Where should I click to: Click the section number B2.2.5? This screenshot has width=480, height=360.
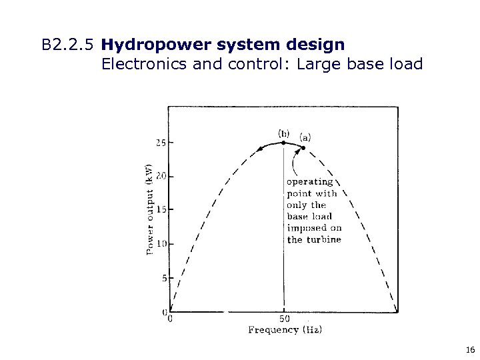pos(67,46)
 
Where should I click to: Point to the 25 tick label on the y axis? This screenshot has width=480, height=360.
pos(161,143)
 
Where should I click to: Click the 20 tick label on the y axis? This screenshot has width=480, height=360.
pos(161,177)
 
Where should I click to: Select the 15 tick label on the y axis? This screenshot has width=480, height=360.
pos(161,210)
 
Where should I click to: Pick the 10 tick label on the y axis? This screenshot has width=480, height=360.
pos(161,244)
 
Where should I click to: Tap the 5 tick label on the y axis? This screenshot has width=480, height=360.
pos(163,278)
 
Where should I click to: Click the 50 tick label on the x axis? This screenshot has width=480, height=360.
pos(284,318)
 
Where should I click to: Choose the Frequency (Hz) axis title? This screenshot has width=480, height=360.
pos(285,329)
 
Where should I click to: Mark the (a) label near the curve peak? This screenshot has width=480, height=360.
pos(304,137)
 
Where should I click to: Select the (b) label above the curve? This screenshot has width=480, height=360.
pos(283,132)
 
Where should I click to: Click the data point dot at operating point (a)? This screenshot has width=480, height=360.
pos(303,148)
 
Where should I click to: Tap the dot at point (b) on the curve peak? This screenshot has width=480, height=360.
pos(284,143)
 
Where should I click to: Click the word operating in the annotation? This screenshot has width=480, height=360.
pos(309,181)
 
